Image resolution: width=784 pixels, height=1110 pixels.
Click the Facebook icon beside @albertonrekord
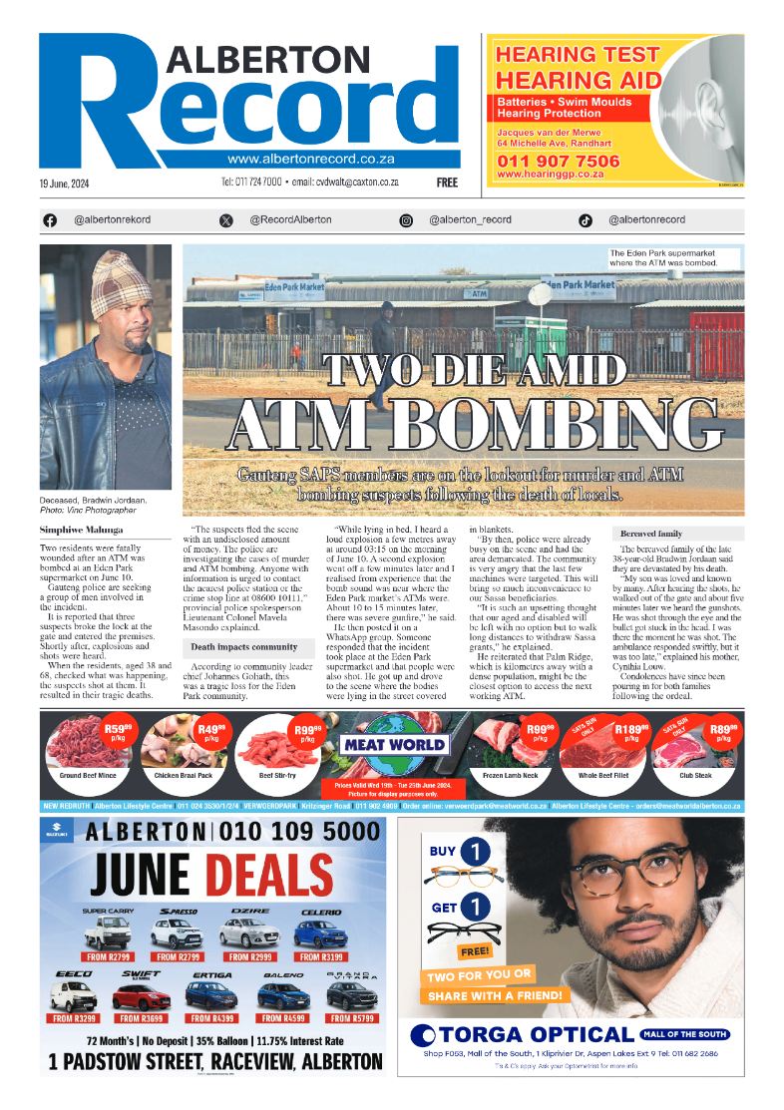(x=50, y=220)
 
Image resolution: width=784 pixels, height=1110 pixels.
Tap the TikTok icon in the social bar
(x=586, y=220)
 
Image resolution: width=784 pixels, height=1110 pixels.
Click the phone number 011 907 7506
(x=558, y=161)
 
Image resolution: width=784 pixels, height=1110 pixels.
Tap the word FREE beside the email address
(x=447, y=184)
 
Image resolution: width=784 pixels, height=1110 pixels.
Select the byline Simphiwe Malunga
(x=80, y=529)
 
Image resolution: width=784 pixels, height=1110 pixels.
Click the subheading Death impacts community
(x=244, y=647)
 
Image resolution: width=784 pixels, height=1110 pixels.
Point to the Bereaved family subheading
(x=651, y=534)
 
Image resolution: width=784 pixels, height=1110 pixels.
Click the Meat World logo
(x=394, y=744)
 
